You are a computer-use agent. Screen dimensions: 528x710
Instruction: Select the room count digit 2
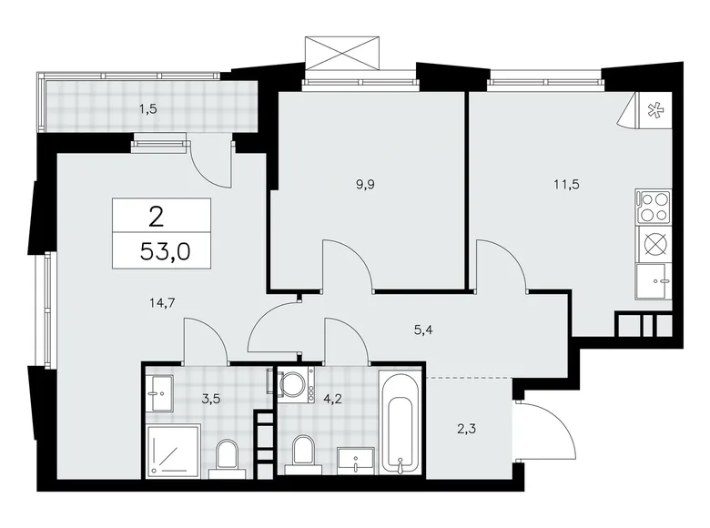coord(157,216)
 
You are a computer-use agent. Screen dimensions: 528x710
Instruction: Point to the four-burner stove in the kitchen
coord(653,207)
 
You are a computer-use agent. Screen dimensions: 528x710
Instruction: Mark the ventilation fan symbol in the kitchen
coord(654,112)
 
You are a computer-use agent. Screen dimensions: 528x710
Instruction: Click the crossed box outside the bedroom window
coord(341,52)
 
